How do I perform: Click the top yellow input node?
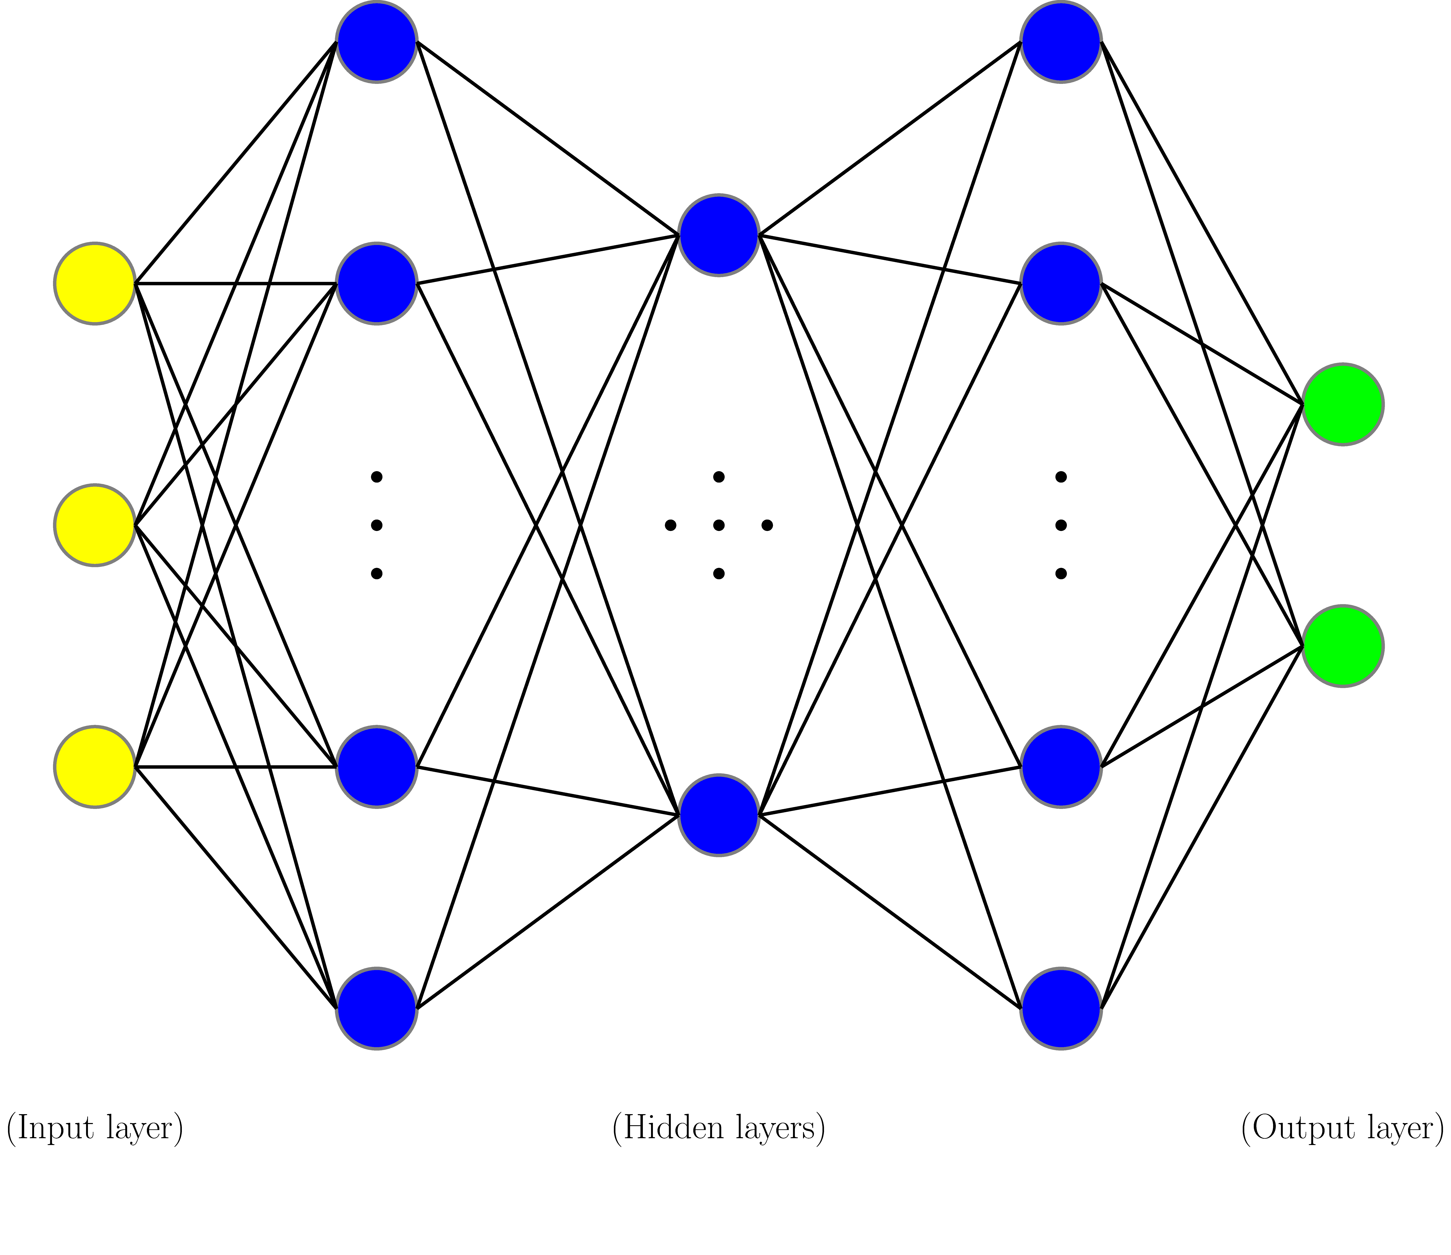95,284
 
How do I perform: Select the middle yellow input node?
95,525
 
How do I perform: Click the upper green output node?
1342,404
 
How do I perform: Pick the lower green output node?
1342,645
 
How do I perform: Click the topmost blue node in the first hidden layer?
377,42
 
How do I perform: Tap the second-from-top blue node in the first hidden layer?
377,284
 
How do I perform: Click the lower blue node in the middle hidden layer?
719,815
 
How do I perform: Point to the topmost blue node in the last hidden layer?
1061,42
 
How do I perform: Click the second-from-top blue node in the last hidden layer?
1061,284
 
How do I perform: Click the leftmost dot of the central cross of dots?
670,525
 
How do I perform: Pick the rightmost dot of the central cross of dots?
767,525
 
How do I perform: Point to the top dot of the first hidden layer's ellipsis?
377,477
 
